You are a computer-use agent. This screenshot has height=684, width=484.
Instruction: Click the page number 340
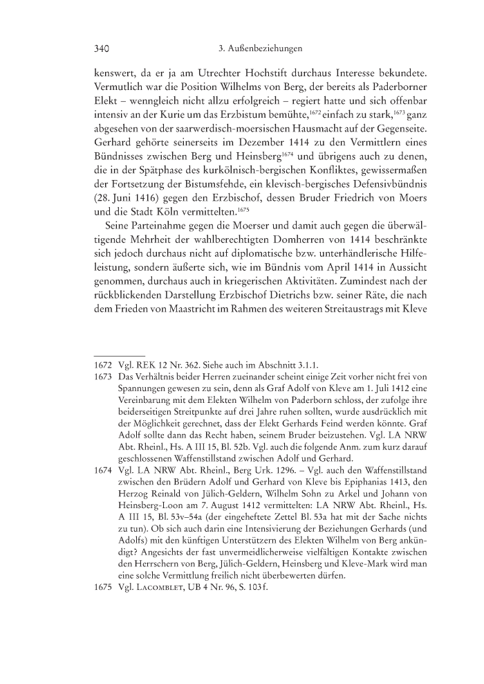(x=102, y=49)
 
